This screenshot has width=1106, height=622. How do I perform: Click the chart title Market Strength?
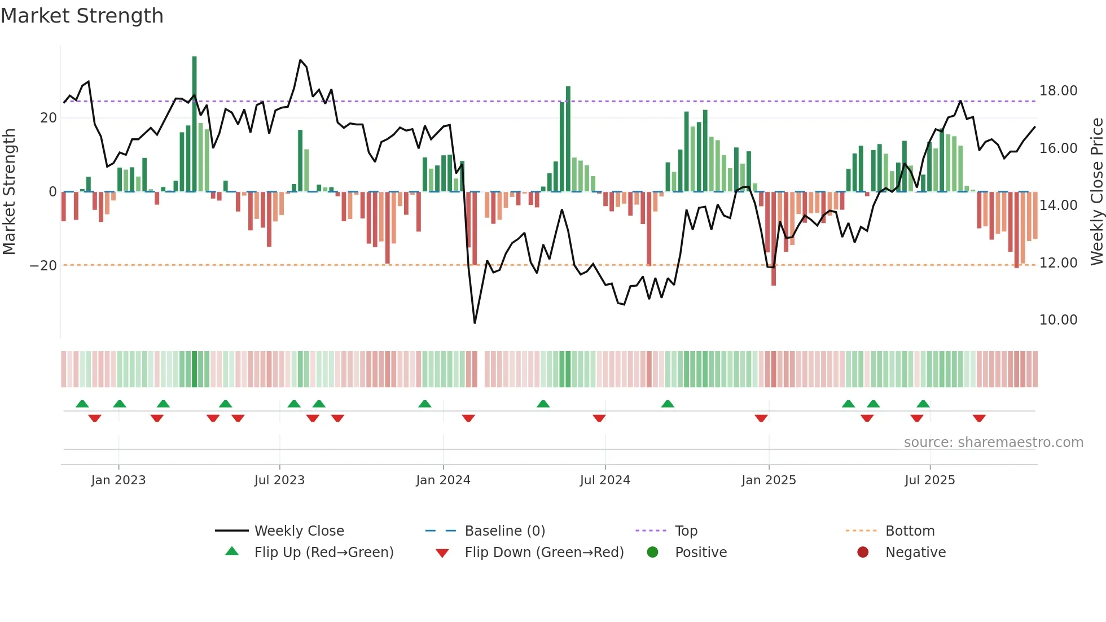82,16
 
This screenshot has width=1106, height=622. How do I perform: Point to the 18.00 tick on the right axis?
1058,91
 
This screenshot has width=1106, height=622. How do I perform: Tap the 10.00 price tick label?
1058,320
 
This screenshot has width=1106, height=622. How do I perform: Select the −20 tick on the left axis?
43,266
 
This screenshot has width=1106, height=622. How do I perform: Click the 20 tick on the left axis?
49,118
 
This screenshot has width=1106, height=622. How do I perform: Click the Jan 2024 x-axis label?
443,480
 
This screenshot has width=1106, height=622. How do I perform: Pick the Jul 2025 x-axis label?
929,480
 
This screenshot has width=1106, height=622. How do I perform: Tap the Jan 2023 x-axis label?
118,480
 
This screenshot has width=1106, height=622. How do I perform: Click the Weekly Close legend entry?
299,531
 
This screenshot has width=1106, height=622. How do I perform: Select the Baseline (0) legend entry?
504,531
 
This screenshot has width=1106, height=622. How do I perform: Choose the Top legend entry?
686,531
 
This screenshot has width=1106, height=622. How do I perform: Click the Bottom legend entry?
910,531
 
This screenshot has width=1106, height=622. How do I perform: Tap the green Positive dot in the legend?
653,553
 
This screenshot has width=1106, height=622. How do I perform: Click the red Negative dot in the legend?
863,553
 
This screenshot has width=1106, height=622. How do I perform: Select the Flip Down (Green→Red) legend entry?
543,553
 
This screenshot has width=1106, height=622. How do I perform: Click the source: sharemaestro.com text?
993,443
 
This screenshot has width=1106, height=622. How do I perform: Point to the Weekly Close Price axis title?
1096,192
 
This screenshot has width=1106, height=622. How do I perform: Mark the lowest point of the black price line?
475,323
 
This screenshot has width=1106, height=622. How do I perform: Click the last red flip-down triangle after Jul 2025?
979,418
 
